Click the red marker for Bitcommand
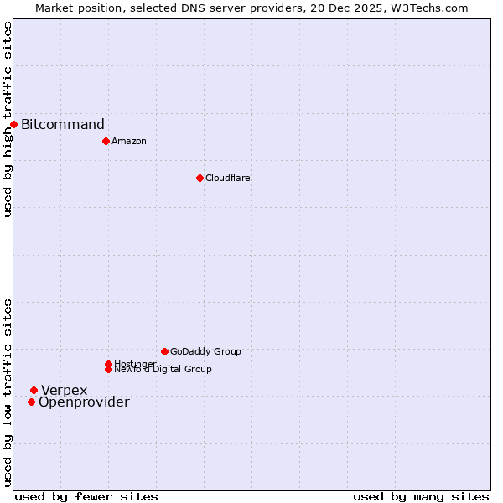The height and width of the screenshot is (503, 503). coord(13,125)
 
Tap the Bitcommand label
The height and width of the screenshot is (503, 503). coord(63,125)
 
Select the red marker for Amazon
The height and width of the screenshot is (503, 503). coord(106,141)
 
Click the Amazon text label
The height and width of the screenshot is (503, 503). coord(129,141)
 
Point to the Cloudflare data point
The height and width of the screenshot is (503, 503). coord(200,178)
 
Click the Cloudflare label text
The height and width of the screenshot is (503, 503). coord(228,178)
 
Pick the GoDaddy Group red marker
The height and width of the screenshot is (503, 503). coord(164,351)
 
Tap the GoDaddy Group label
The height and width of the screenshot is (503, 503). coord(205,351)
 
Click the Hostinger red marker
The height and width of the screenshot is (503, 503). coord(108,364)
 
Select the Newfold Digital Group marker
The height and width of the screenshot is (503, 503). coord(108,370)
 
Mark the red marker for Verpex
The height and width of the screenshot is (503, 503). coord(34,390)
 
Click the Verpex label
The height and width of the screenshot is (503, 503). coord(65,390)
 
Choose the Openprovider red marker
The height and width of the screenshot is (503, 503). coord(31,402)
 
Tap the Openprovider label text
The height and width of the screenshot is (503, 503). coord(84,402)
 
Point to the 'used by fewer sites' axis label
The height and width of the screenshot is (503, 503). coord(86,496)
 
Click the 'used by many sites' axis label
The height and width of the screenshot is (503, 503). coord(421,496)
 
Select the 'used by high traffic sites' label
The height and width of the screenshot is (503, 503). coord(8,119)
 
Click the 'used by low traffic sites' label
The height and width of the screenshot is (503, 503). coord(8,392)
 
